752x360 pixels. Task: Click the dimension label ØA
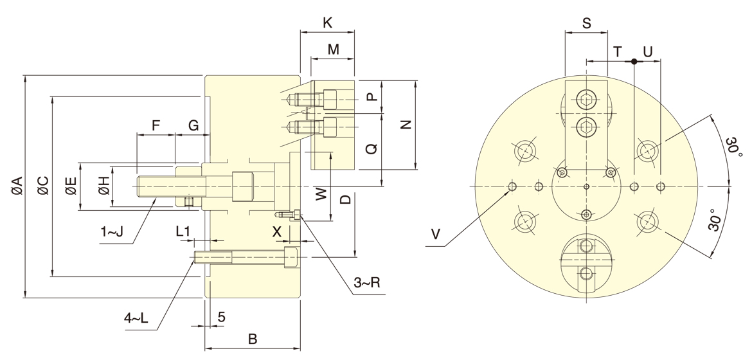[16, 186]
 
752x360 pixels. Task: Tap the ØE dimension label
[71, 186]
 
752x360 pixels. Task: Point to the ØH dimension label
[103, 186]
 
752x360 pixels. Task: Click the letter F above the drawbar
[156, 126]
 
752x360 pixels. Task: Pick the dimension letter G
[193, 126]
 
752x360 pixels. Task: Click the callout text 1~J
[112, 232]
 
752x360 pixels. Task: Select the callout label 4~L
[136, 318]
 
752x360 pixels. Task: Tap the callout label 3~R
[367, 283]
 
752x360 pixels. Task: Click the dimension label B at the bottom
[253, 339]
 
